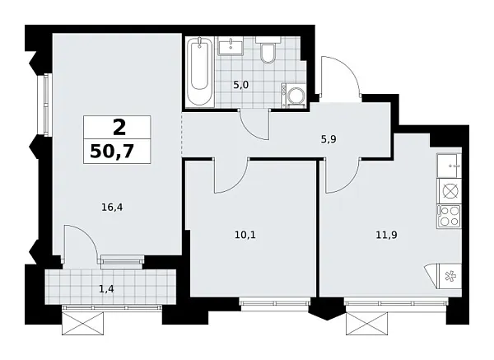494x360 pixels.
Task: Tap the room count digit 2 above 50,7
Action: coord(119,128)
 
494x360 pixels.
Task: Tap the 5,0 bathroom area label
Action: coord(240,83)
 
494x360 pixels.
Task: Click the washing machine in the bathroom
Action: coord(295,96)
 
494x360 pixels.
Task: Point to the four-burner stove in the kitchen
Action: coord(450,217)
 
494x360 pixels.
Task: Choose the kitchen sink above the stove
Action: coord(450,164)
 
